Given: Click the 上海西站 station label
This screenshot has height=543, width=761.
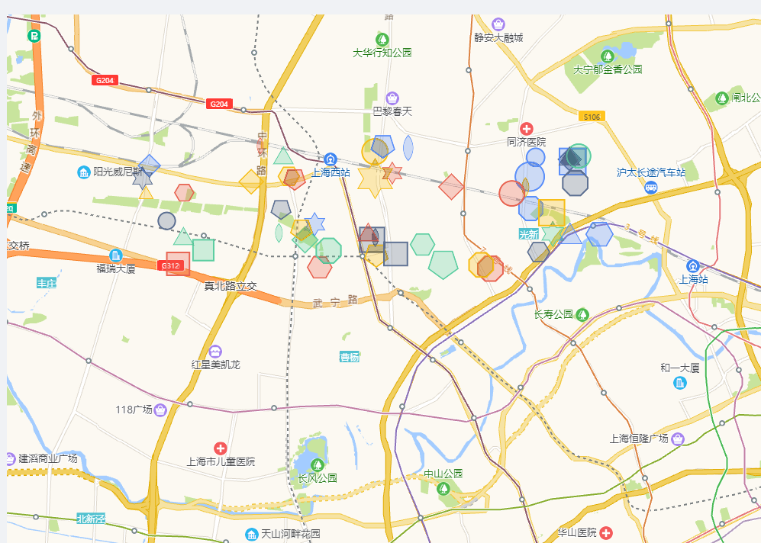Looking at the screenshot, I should coord(331,172).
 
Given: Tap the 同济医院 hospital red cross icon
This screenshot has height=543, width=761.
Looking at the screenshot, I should coord(527,128).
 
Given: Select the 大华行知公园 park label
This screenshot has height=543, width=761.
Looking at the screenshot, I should coord(382,53).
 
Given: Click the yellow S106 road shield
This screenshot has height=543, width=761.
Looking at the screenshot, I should coord(592,117).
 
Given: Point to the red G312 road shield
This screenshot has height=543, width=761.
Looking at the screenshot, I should coord(171,265).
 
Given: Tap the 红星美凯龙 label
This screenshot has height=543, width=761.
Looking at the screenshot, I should coord(215,365).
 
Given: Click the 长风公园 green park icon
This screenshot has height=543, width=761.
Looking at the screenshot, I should coord(317,464).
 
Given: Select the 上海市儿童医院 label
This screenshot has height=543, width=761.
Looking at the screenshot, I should coord(221,461).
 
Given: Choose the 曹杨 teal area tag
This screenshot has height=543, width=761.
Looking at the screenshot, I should coord(349,357).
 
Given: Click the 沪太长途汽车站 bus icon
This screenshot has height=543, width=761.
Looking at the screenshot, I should coord(651,187).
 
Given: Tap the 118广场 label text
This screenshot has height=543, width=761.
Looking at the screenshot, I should coord(134,410).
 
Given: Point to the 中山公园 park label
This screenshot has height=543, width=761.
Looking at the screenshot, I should coord(443,474).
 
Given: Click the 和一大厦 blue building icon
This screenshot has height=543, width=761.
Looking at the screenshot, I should coord(680,381).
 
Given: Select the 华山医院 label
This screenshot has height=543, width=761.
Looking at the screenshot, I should coord(576,532).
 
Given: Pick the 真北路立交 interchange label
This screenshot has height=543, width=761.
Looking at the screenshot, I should coord(230,286).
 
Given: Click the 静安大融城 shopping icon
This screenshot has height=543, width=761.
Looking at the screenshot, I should coord(498,24).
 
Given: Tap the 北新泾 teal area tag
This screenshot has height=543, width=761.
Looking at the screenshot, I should coord(90,519).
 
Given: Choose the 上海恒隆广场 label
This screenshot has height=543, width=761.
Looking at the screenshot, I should coord(639,439).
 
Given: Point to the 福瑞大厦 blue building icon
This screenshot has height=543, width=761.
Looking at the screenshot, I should coord(116,255).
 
